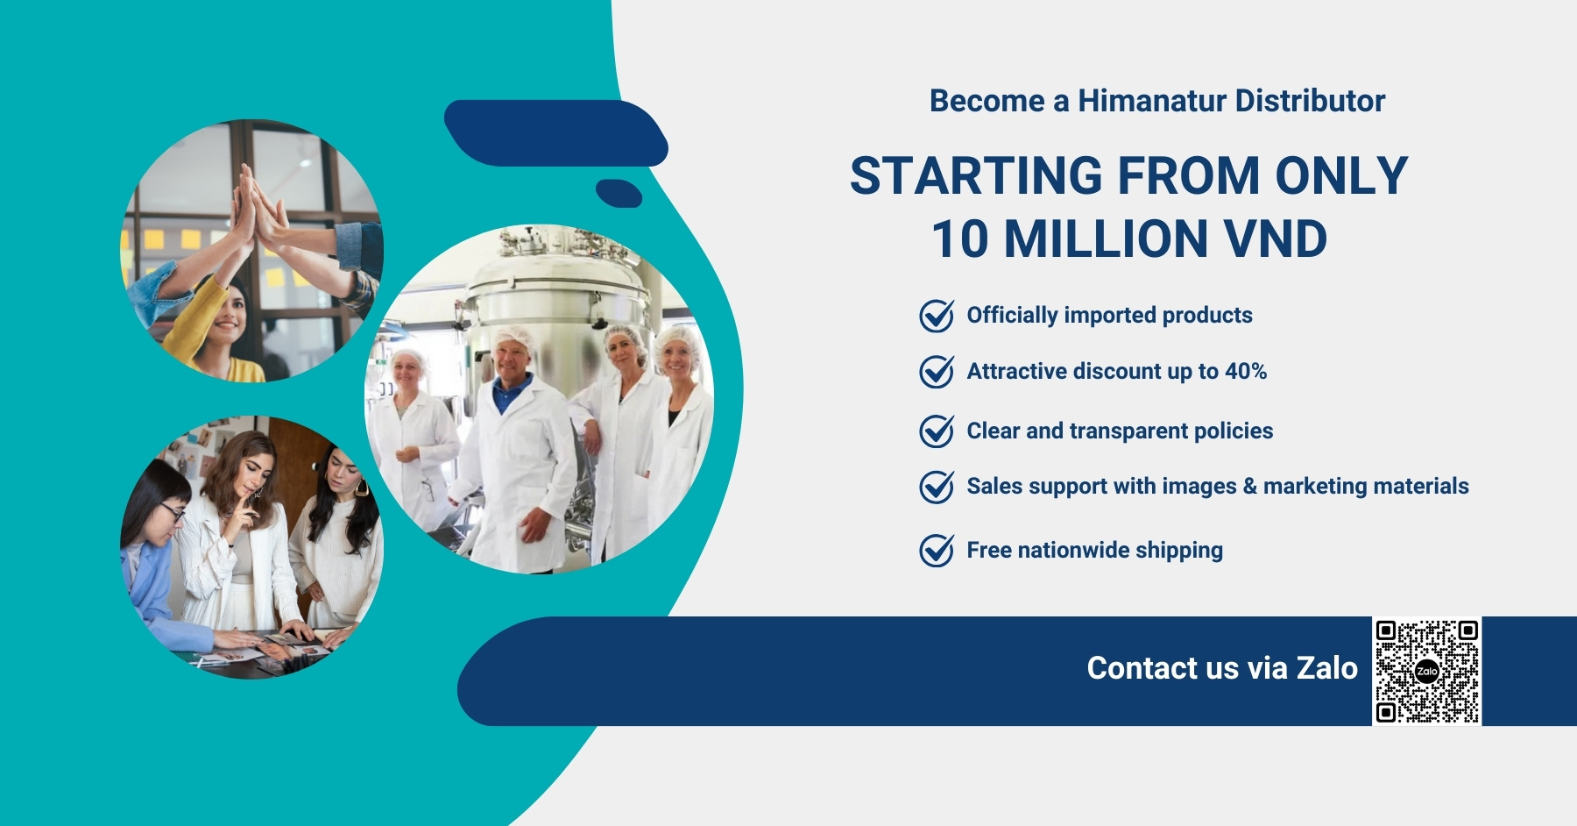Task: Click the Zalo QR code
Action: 1426,672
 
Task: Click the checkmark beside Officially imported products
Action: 937,316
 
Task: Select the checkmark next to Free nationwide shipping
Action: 937,551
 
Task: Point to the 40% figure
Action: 1246,371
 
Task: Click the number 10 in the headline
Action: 959,239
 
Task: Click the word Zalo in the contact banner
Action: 1327,668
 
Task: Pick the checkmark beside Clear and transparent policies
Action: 937,431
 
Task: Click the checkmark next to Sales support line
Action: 937,487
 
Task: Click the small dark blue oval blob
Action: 619,193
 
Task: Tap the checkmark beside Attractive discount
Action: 937,372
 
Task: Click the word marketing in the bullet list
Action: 1318,487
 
